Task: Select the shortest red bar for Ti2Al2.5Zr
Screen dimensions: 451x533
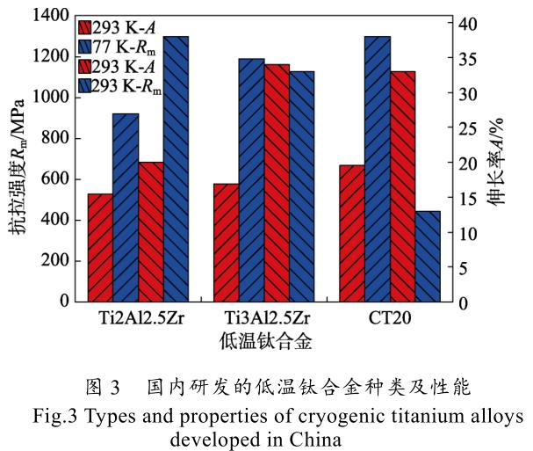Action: tap(99, 247)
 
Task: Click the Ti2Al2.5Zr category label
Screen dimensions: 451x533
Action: tap(138, 317)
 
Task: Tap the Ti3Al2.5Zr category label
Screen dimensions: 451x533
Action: tap(263, 317)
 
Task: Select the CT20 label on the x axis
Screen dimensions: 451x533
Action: tap(390, 317)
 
